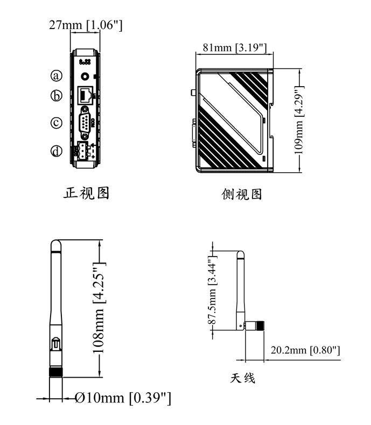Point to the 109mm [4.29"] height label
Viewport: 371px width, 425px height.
click(x=302, y=119)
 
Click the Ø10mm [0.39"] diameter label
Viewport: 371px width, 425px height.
click(x=123, y=398)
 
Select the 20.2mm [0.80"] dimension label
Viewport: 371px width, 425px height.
click(x=305, y=350)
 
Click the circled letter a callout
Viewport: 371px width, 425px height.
click(x=57, y=75)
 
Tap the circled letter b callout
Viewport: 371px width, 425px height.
click(x=57, y=96)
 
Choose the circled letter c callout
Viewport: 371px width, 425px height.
click(x=57, y=123)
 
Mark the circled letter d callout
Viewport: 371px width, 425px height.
click(x=57, y=151)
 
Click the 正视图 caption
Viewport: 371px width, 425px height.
click(x=87, y=193)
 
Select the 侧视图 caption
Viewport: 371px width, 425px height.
click(x=242, y=194)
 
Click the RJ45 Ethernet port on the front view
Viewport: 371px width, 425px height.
click(x=85, y=96)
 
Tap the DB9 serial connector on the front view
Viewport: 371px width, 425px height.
click(x=85, y=122)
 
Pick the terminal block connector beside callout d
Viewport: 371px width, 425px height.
click(x=84, y=151)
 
